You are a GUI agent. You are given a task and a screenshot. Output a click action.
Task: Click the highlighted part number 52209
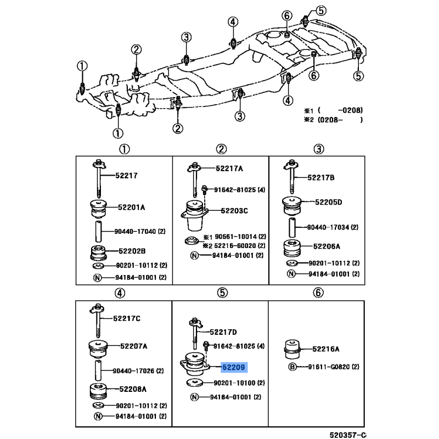pyautogui.click(x=234, y=367)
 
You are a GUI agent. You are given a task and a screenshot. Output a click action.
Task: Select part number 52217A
pyautogui.click(x=229, y=168)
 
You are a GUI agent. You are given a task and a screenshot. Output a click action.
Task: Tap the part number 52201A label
pyautogui.click(x=131, y=207)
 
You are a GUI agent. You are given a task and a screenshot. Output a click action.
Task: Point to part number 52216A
pyautogui.click(x=325, y=349)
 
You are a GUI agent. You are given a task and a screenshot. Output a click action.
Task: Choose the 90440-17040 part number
pyautogui.click(x=135, y=231)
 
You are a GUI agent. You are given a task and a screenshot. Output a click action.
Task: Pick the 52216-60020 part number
pyautogui.click(x=235, y=245)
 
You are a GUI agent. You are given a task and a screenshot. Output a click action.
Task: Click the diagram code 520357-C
pyautogui.click(x=348, y=435)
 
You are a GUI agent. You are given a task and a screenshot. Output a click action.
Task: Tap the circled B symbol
pyautogui.click(x=292, y=367)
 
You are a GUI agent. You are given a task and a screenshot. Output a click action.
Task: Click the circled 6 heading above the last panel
pyautogui.click(x=318, y=293)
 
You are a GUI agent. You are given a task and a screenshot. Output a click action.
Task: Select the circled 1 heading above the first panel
pyautogui.click(x=125, y=149)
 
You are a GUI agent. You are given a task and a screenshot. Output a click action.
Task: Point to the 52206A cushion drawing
pyautogui.click(x=292, y=248)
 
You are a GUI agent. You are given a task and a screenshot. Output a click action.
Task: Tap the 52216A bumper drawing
pyautogui.click(x=292, y=349)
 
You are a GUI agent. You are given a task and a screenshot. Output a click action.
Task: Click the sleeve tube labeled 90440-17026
pyautogui.click(x=98, y=370)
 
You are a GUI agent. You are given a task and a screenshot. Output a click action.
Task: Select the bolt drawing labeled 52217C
pyautogui.click(x=98, y=320)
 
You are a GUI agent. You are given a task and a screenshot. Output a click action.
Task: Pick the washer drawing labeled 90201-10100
pyautogui.click(x=195, y=382)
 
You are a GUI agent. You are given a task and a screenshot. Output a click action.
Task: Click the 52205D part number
pyautogui.click(x=328, y=202)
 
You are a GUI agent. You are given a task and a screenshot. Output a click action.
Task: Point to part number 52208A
pyautogui.click(x=133, y=389)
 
